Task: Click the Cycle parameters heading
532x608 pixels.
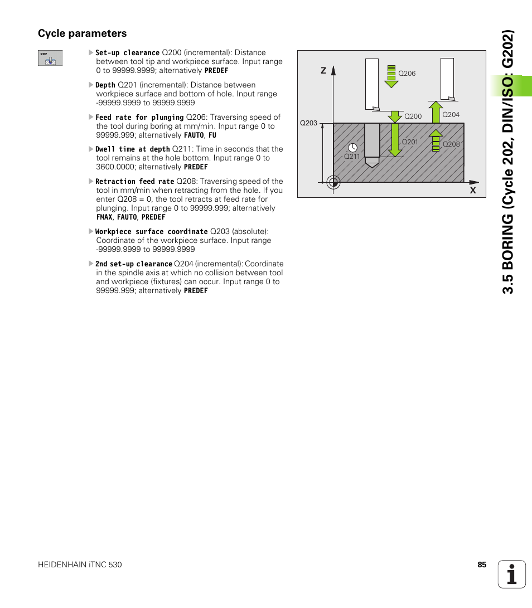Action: [83, 33]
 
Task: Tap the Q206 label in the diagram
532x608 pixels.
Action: [407, 74]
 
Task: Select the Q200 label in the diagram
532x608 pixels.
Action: [413, 116]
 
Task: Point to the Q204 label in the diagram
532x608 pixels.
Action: [451, 115]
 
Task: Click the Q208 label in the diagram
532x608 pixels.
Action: [451, 144]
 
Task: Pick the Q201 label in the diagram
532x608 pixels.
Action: [410, 142]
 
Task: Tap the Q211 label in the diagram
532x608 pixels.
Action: [352, 157]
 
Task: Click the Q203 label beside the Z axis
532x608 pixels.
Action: [308, 123]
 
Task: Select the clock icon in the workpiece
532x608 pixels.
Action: [352, 148]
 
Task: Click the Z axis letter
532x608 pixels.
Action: [323, 71]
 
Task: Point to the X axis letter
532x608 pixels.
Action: [472, 191]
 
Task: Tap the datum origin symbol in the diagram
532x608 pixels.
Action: [333, 182]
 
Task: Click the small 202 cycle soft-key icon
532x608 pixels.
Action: [50, 58]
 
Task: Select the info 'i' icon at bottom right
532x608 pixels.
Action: [512, 574]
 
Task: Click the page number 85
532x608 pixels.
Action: [482, 565]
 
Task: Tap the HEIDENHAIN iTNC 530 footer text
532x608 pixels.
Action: [80, 565]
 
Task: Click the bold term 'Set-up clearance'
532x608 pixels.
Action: [127, 53]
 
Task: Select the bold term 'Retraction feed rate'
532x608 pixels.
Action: [134, 182]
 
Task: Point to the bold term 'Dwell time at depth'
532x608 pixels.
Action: [132, 149]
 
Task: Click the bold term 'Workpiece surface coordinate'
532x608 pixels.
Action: [151, 232]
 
